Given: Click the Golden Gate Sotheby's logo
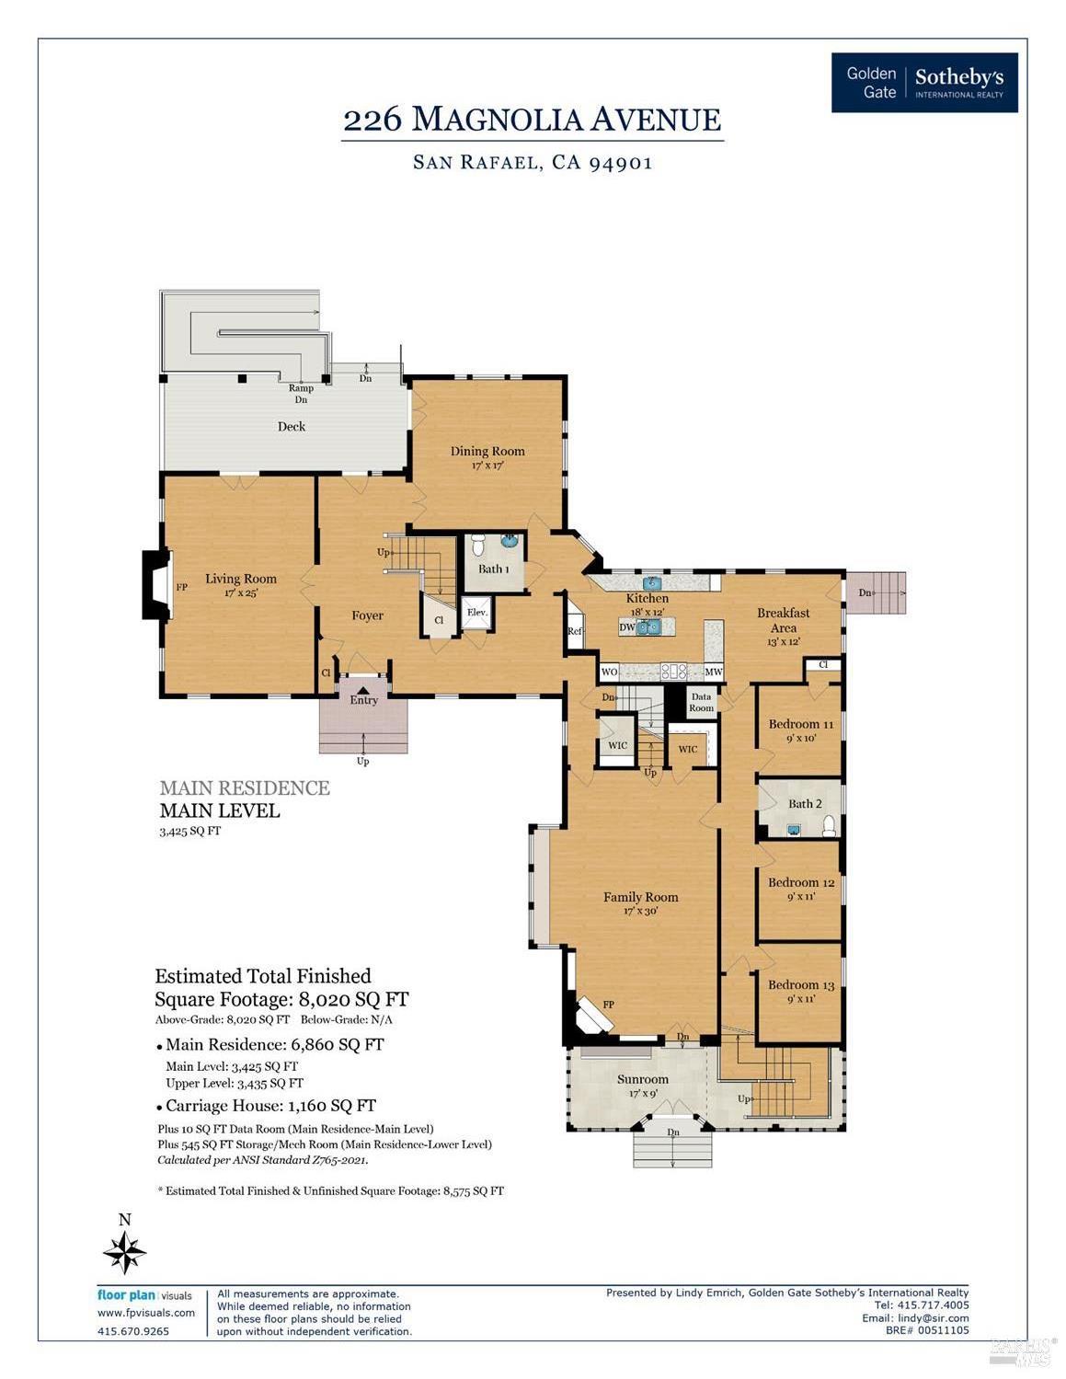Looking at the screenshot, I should point(924,83).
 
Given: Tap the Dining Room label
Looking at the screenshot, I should point(487,452).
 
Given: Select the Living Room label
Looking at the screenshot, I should point(241,580).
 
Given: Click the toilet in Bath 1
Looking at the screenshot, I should point(477,547).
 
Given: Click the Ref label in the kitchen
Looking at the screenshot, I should point(575,632).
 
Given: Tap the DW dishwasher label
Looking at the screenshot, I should point(627,627).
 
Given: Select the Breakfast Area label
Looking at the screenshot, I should point(783,620).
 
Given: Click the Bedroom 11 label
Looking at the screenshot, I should point(800,725).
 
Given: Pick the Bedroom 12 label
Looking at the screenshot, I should point(801,883).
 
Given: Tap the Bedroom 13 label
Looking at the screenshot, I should point(801,985).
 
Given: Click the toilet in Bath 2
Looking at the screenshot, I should point(829,825).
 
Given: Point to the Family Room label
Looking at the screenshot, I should point(640,898).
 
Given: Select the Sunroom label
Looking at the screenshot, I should point(642,1080).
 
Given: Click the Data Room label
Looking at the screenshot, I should point(701,703).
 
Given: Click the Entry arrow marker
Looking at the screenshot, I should point(363,688).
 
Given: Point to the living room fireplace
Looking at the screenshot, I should point(157,585).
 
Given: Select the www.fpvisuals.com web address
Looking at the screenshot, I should point(146,1313).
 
